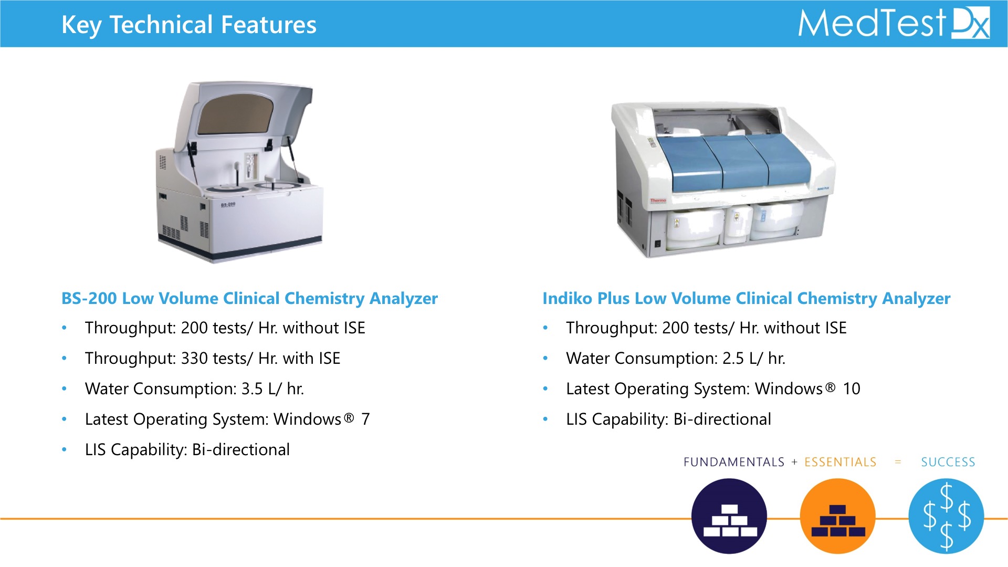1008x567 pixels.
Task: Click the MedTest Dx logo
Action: tap(894, 23)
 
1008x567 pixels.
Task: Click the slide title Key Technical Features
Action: tap(189, 25)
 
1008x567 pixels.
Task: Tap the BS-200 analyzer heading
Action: tap(249, 298)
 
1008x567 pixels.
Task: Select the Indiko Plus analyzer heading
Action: tap(746, 298)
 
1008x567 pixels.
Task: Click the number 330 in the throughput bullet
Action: tap(194, 358)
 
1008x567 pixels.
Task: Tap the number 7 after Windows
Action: tap(365, 419)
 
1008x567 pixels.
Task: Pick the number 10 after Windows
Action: tap(851, 388)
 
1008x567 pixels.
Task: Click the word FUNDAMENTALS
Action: tap(734, 462)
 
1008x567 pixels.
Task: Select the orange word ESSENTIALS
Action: tap(841, 462)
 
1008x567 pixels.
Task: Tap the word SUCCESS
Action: tap(948, 462)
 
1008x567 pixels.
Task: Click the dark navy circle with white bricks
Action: tap(729, 516)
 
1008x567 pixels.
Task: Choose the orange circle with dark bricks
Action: tap(838, 516)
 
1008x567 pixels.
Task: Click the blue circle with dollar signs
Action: tap(947, 516)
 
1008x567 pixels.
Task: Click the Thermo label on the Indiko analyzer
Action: tap(658, 201)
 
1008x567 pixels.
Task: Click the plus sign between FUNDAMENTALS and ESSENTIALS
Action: tap(794, 462)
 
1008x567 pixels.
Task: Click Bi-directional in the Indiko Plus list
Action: tap(722, 419)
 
